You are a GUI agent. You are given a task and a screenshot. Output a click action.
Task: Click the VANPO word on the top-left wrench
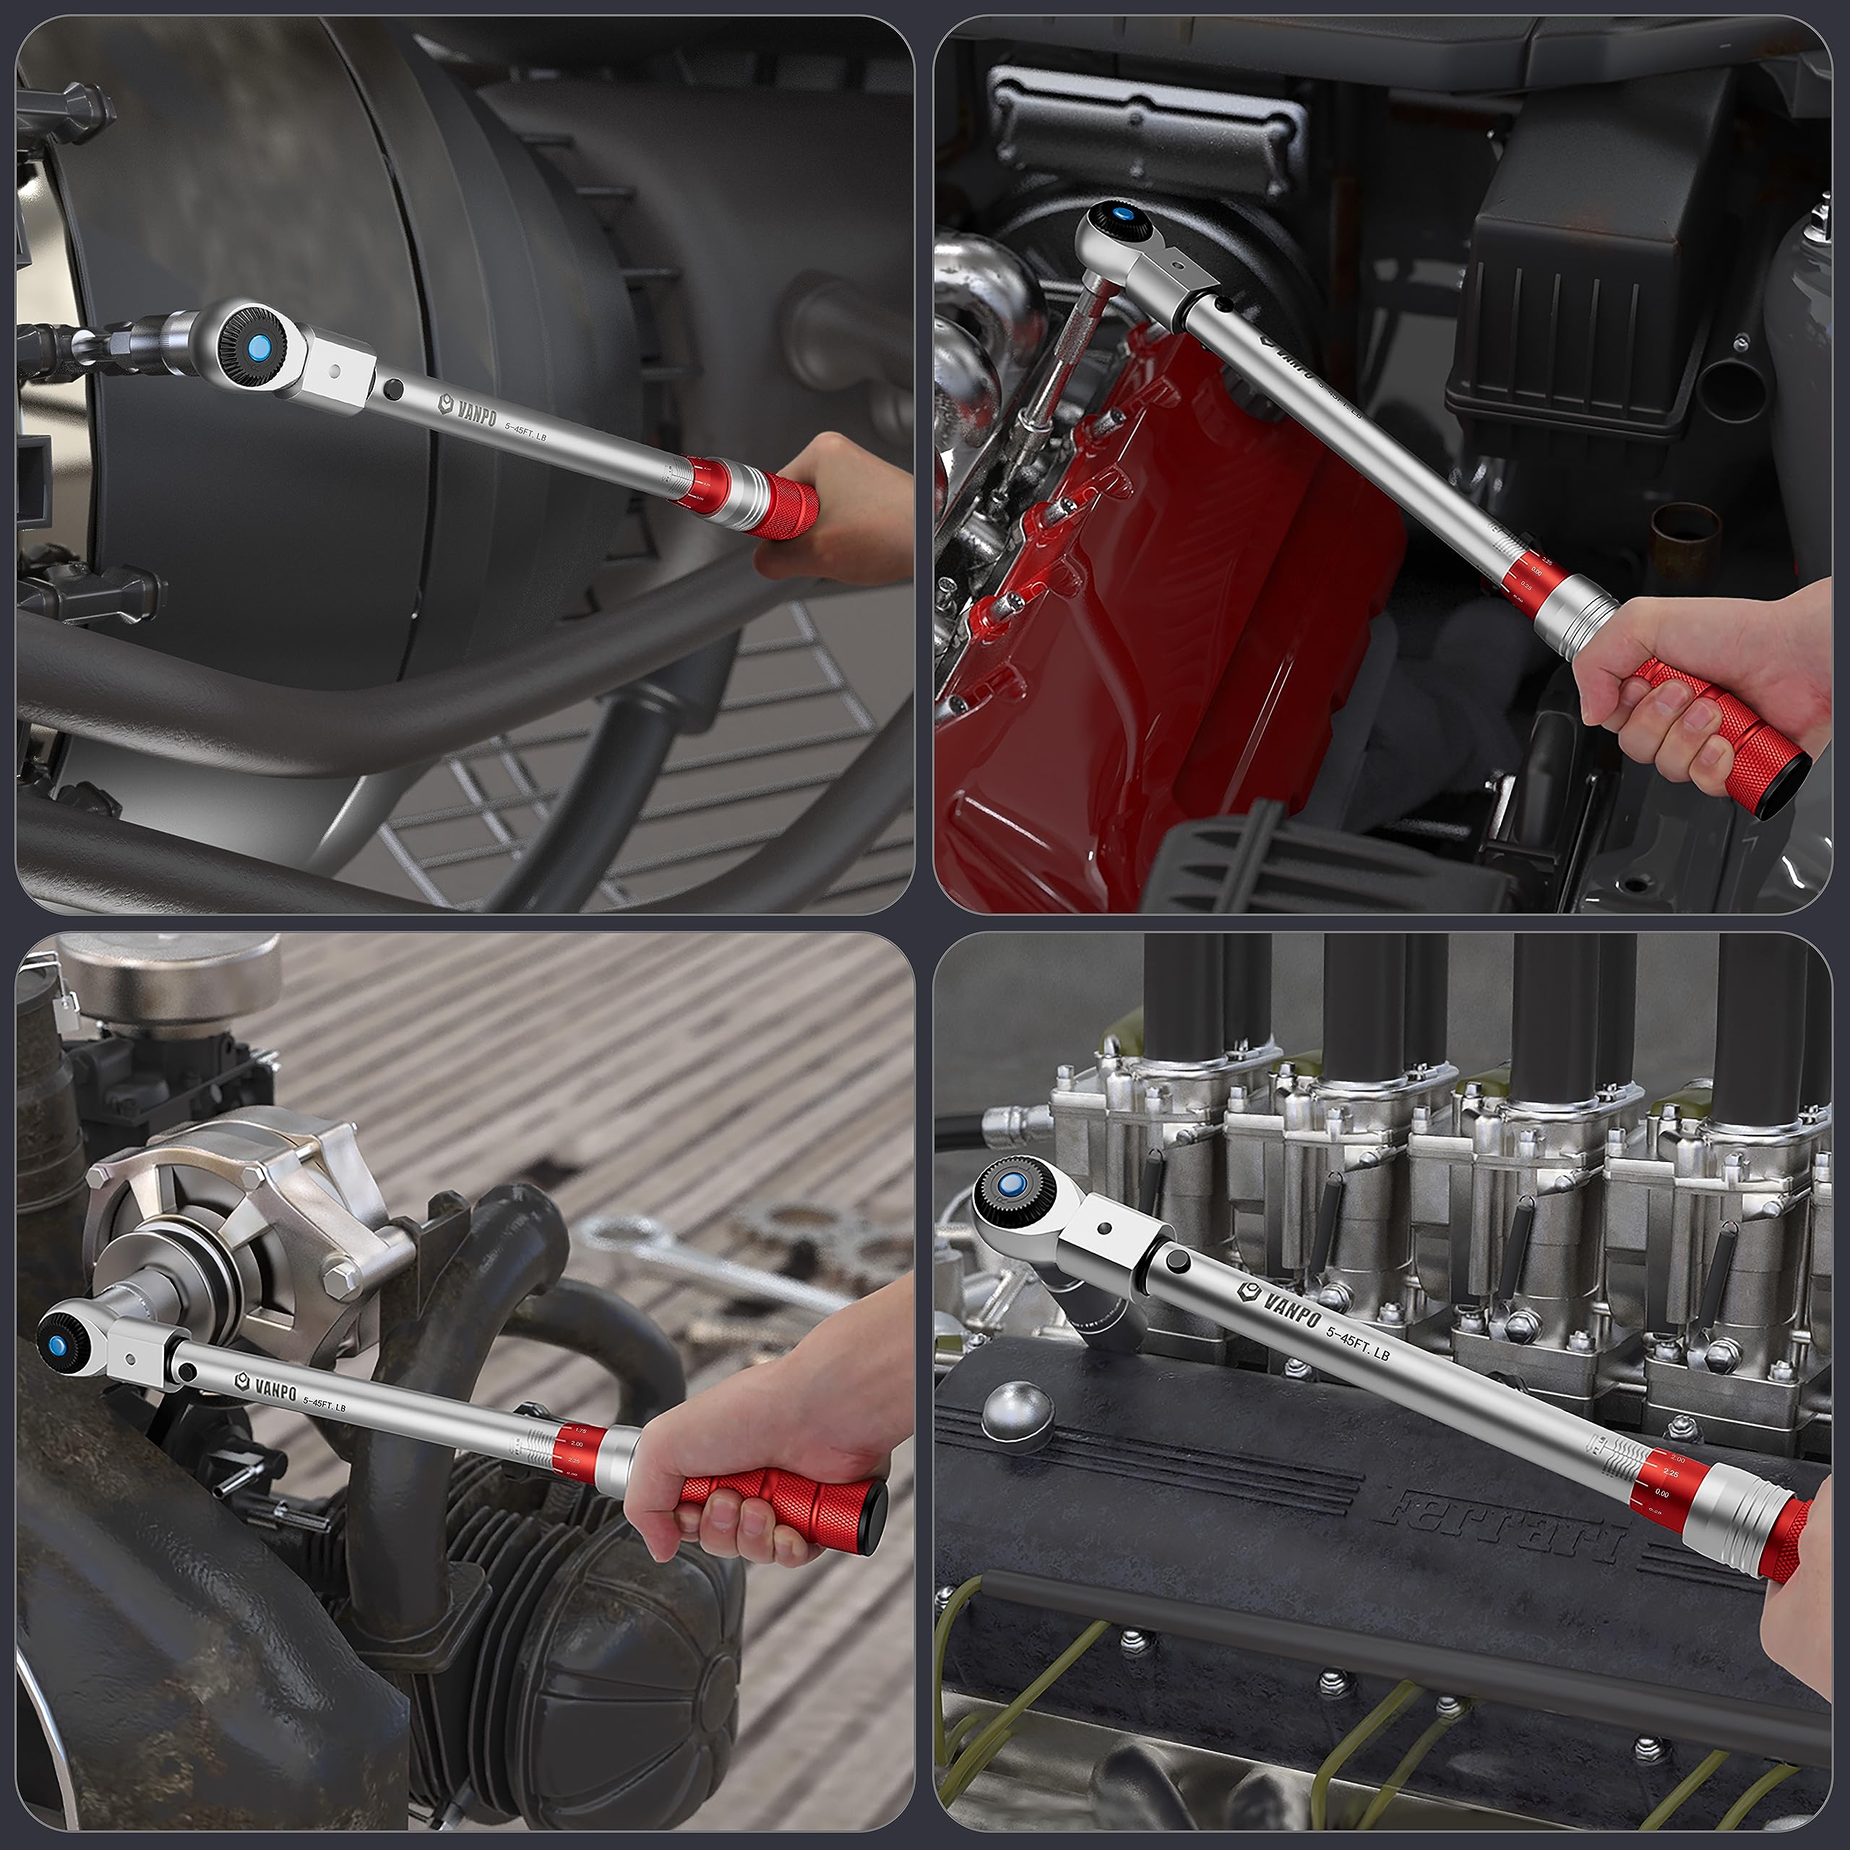(477, 413)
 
